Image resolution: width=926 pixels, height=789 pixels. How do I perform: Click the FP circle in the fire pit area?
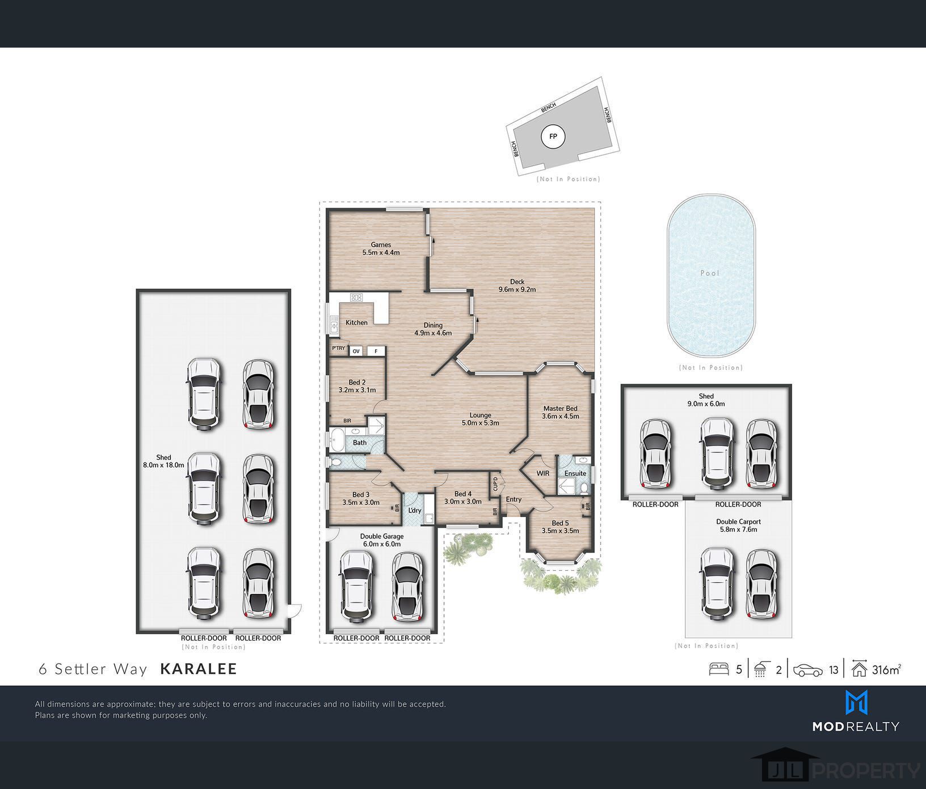click(x=553, y=137)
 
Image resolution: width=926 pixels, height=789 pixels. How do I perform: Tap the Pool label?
click(x=710, y=273)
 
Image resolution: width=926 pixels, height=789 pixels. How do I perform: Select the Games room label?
click(x=381, y=245)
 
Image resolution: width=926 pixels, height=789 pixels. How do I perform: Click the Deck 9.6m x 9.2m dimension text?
click(x=517, y=290)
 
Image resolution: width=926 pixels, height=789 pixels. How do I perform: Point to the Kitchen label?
click(x=356, y=323)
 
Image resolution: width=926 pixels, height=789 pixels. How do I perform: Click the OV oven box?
click(x=356, y=351)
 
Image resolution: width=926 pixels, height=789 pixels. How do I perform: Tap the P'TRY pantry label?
click(x=339, y=348)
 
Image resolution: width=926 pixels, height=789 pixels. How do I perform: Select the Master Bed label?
click(x=560, y=408)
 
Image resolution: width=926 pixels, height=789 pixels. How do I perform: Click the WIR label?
click(x=543, y=473)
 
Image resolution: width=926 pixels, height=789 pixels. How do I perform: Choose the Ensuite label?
click(x=575, y=473)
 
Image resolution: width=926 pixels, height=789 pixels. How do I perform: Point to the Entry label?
click(x=513, y=499)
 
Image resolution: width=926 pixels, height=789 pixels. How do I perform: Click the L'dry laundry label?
click(x=415, y=510)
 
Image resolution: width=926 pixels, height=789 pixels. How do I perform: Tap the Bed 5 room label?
click(x=560, y=523)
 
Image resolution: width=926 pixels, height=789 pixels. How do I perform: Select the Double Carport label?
click(x=738, y=521)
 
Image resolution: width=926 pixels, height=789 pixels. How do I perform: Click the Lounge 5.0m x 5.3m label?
click(x=480, y=419)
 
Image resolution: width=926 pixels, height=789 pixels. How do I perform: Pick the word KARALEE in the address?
click(x=199, y=669)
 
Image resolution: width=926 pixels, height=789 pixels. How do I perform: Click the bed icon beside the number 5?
click(x=719, y=669)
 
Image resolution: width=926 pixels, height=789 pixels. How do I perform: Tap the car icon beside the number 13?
click(x=808, y=671)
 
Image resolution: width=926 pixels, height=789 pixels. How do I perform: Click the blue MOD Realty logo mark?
click(x=856, y=702)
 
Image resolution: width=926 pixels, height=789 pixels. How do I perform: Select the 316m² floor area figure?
click(x=886, y=669)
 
